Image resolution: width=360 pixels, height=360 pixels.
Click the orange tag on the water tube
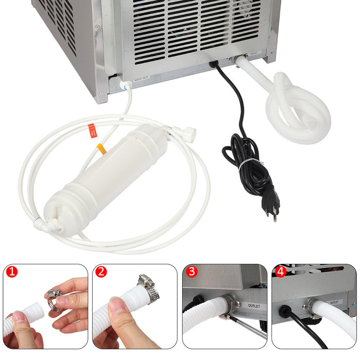point(101,149)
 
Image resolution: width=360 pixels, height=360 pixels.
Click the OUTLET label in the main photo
point(254,53)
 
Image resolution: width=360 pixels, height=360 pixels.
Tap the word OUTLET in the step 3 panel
point(254,307)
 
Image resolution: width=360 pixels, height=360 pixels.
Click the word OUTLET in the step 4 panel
point(334,302)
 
